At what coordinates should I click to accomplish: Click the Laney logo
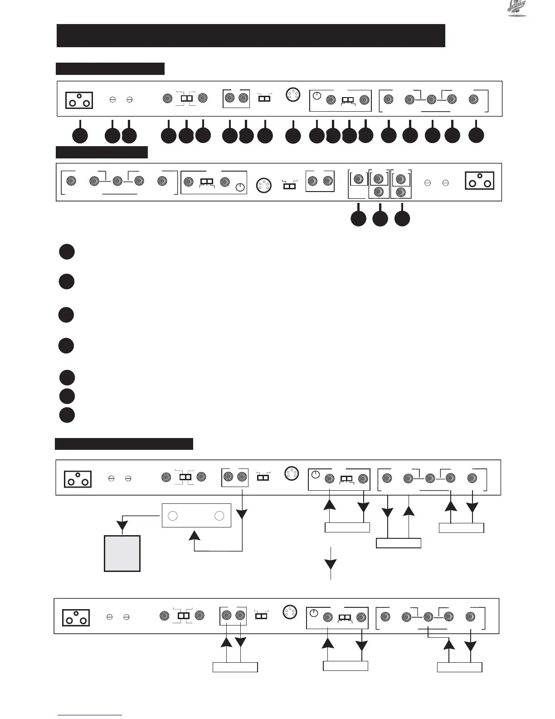(516, 9)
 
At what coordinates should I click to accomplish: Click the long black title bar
(251, 36)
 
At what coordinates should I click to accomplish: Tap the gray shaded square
(122, 553)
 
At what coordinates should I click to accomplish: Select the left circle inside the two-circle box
(172, 516)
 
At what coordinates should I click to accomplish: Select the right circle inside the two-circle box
(219, 516)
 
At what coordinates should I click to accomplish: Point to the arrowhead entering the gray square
(122, 526)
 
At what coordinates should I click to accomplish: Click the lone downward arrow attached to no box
(331, 564)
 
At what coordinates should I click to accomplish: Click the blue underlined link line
(90, 715)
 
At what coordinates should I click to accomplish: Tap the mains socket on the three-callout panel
(480, 181)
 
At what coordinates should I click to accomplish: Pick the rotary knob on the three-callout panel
(240, 187)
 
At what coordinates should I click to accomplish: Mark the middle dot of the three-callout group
(380, 219)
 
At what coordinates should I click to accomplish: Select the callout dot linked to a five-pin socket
(293, 135)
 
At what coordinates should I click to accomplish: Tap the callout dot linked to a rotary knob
(316, 135)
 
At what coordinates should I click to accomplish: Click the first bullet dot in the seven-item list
(67, 252)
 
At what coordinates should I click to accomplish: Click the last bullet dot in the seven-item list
(67, 415)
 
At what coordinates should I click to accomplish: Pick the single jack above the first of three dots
(358, 179)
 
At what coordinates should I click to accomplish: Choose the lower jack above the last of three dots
(400, 192)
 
